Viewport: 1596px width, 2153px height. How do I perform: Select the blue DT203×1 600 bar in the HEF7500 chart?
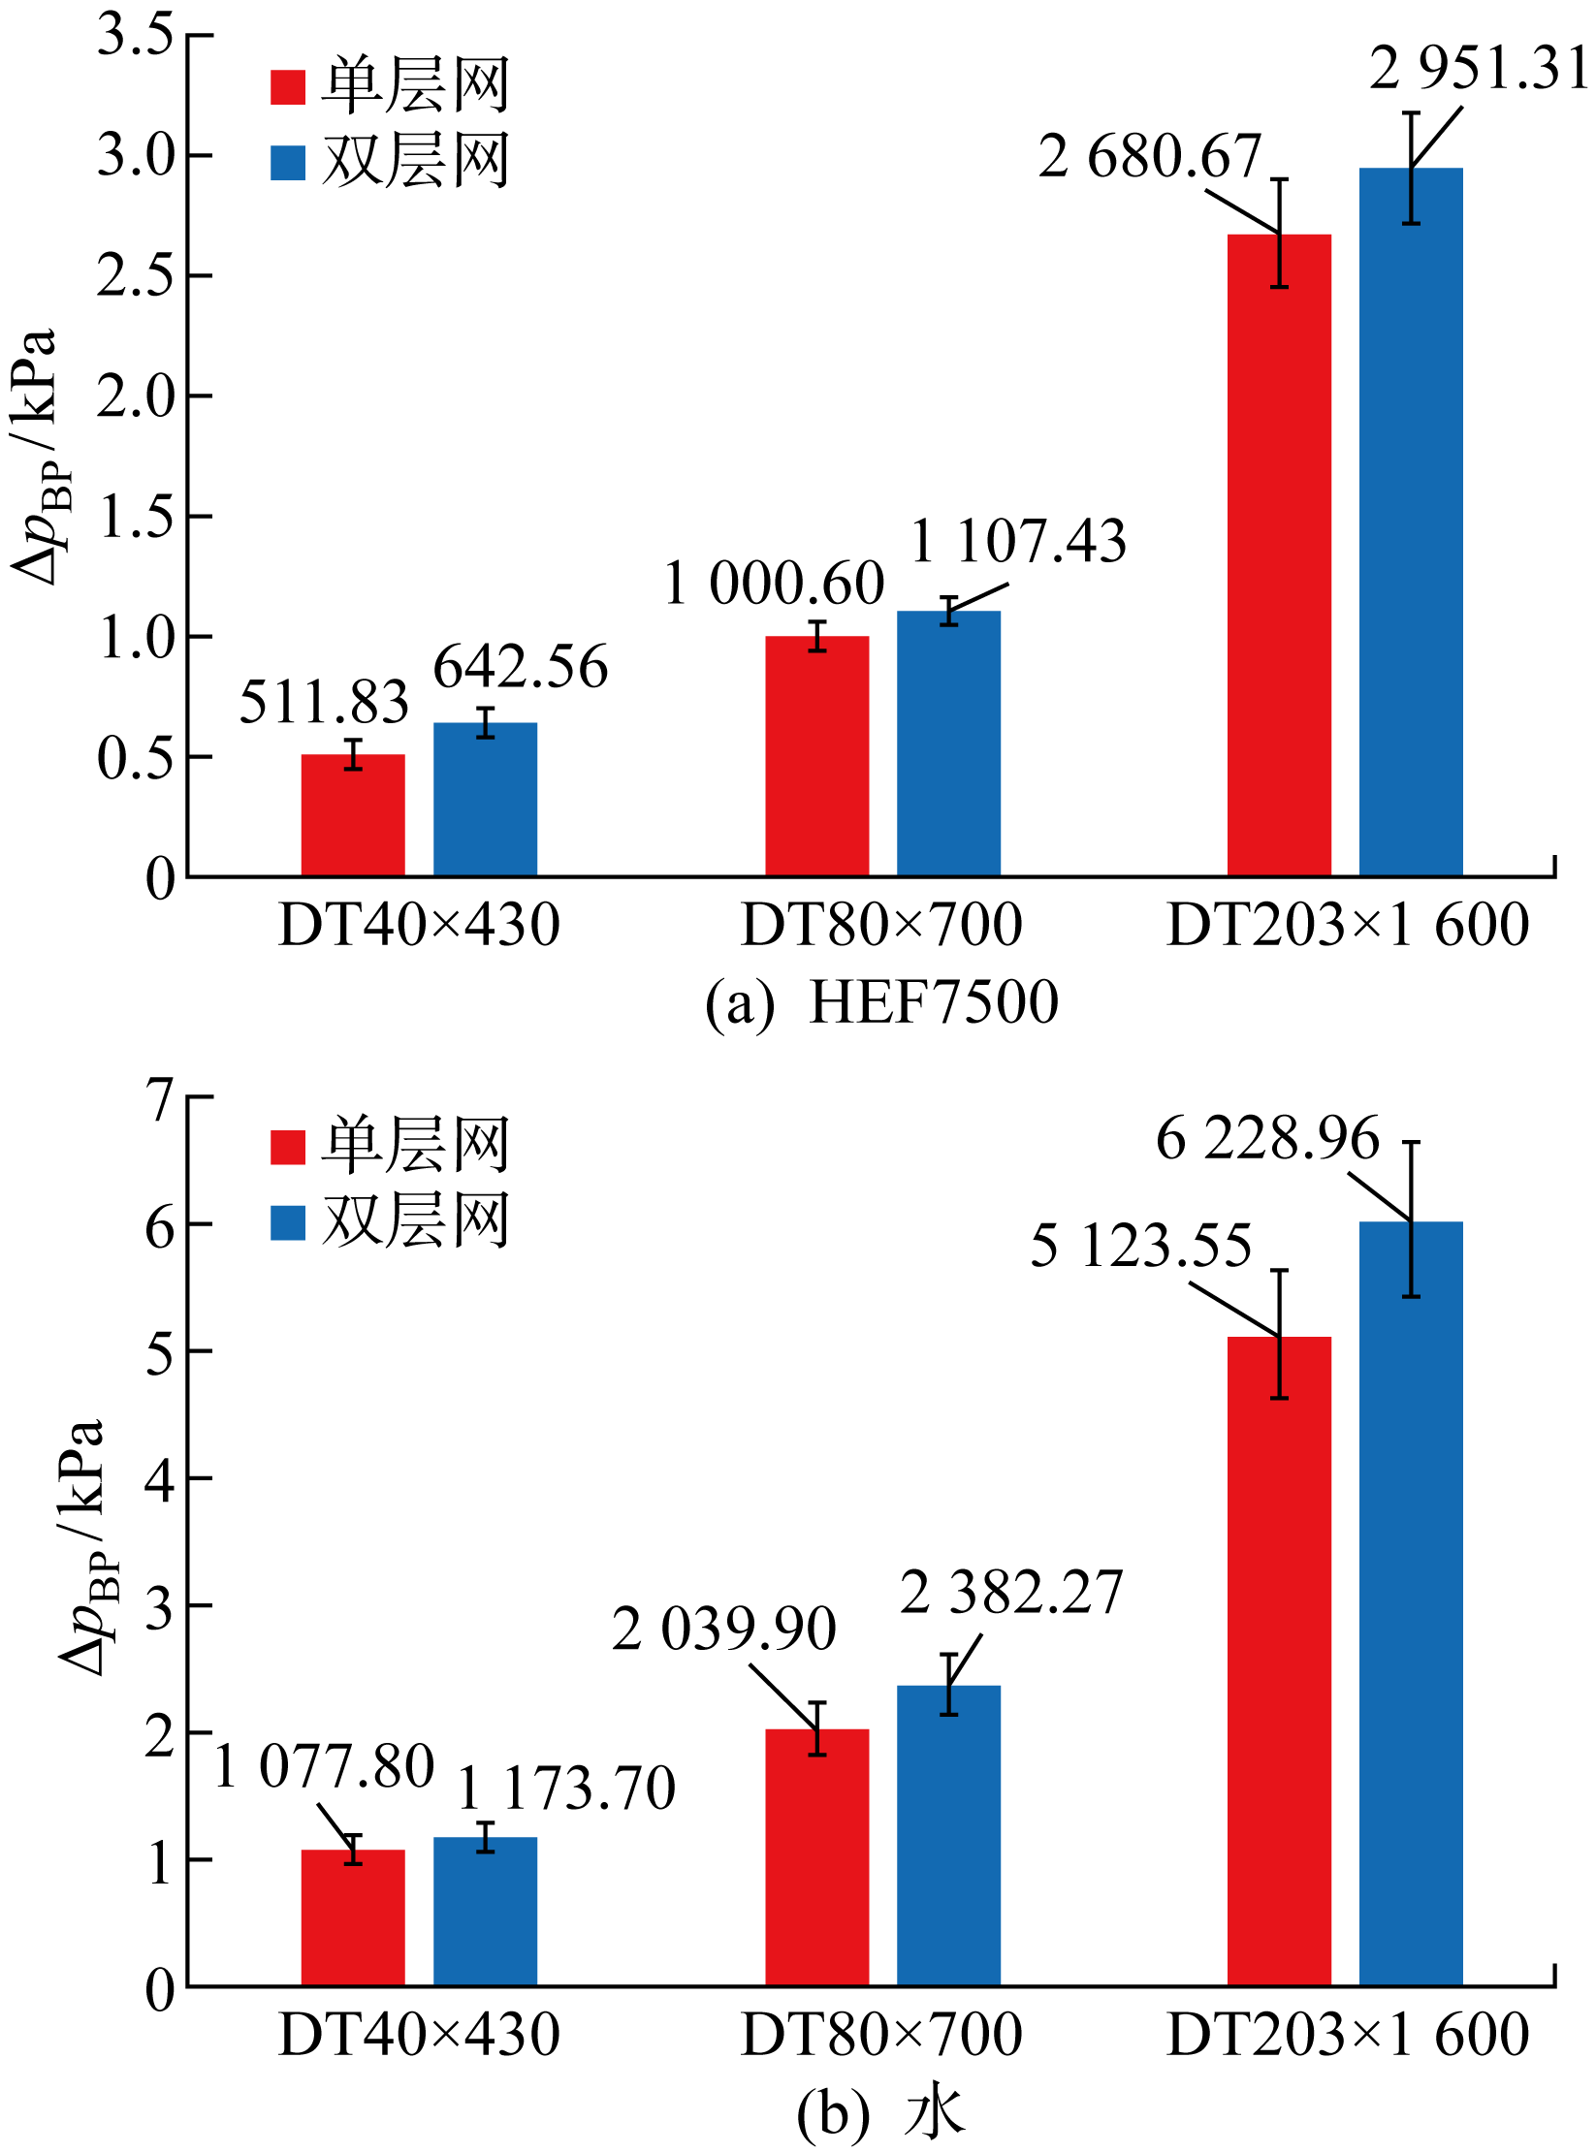1410,523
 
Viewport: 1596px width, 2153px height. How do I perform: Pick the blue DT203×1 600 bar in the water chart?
1410,1599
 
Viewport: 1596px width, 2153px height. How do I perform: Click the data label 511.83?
324,702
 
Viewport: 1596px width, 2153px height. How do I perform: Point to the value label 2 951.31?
1478,70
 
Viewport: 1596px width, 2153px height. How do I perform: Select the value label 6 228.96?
1266,1138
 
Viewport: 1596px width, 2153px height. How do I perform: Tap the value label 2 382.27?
1010,1592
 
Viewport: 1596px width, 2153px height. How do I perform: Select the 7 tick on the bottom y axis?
160,1097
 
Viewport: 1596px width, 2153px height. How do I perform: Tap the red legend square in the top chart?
288,87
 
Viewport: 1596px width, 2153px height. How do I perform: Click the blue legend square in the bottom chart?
288,1222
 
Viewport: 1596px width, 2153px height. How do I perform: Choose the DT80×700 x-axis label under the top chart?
881,925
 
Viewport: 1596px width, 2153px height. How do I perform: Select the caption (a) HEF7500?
881,1002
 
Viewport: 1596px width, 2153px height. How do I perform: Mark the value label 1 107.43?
1018,541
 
